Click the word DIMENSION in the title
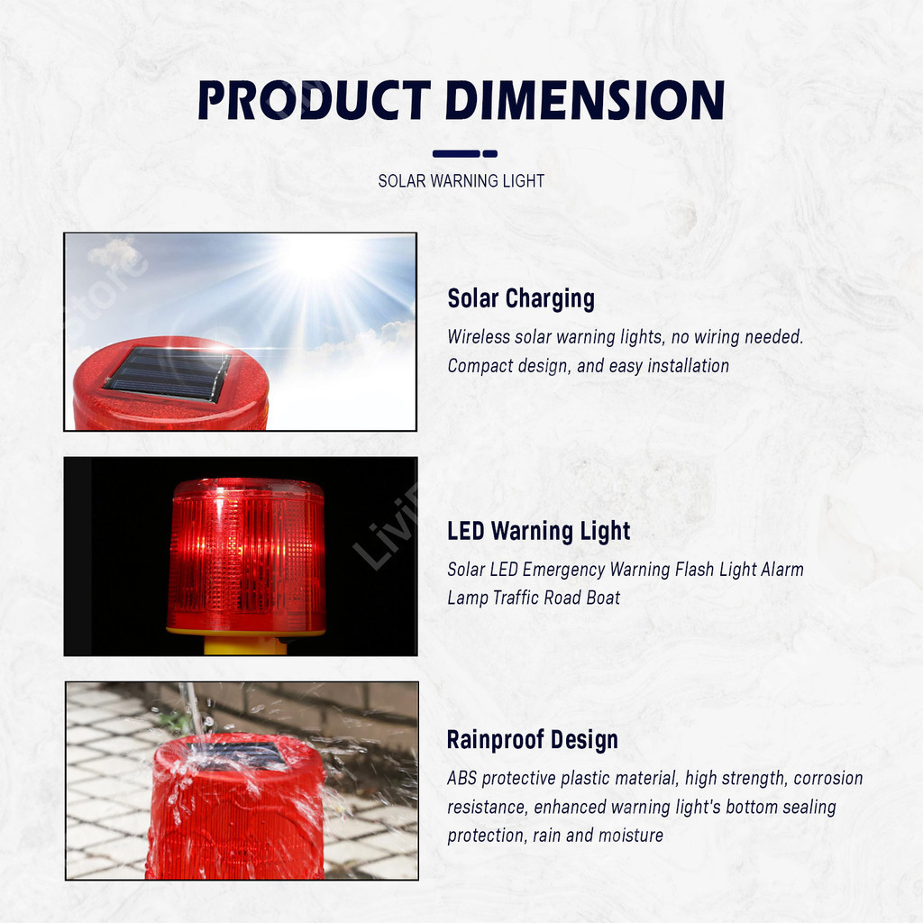(585, 100)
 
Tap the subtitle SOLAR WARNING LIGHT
(461, 180)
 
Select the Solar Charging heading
(521, 298)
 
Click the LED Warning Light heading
(539, 531)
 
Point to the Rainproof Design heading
(532, 740)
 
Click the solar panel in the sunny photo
(168, 374)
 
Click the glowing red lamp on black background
(247, 556)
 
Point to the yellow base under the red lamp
(245, 644)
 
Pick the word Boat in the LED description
(603, 599)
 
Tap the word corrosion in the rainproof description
(828, 778)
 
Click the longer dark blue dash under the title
(456, 153)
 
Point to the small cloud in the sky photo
(114, 253)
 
